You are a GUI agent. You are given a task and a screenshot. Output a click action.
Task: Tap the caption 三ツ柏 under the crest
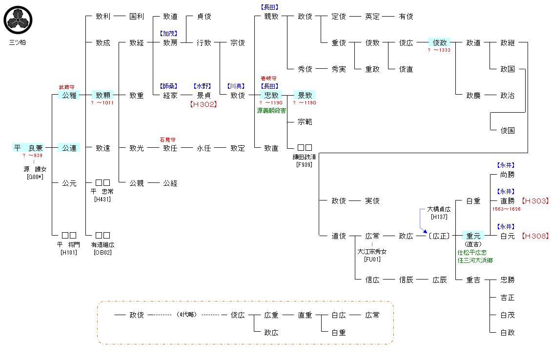click(x=18, y=42)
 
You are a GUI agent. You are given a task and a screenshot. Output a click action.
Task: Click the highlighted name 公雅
click(x=69, y=95)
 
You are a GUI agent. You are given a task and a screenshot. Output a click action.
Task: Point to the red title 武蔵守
click(x=67, y=87)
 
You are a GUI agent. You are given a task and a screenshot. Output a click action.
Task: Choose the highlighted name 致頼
click(x=103, y=95)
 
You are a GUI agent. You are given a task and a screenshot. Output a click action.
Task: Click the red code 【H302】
click(x=203, y=104)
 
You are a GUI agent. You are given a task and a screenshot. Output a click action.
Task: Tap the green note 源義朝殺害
click(x=271, y=111)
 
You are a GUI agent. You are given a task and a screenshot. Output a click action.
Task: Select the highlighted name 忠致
click(x=271, y=95)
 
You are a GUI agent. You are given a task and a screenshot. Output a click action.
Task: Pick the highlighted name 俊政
click(x=440, y=42)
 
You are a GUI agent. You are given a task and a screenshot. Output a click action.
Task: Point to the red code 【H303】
click(x=535, y=200)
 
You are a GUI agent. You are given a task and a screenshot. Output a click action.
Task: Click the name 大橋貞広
click(x=439, y=209)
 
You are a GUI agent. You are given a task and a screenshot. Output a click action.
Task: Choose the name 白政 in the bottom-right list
click(x=507, y=332)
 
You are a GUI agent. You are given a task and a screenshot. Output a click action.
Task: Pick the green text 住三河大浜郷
click(x=475, y=260)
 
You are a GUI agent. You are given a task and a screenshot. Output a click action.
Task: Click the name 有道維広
click(x=103, y=244)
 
